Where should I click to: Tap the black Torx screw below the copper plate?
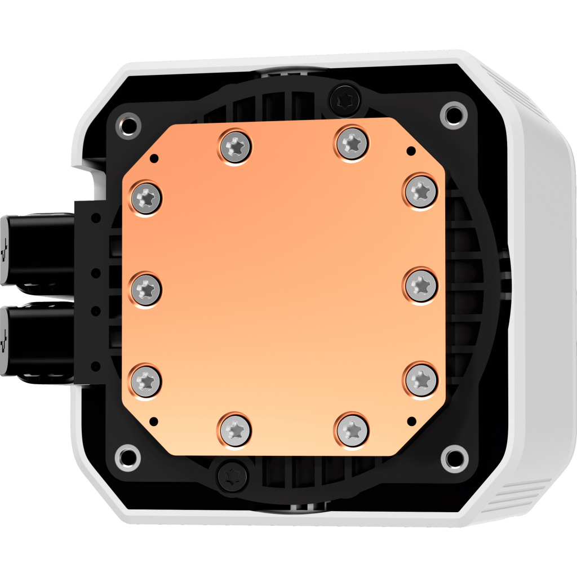tap(232, 477)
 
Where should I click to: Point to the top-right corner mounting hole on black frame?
tap(452, 114)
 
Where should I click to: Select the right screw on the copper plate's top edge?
tap(353, 143)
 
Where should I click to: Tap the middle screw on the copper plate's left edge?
tap(146, 289)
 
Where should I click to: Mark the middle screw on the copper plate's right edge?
tap(420, 285)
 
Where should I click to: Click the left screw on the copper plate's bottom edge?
tap(234, 430)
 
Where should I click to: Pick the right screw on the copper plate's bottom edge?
tap(353, 430)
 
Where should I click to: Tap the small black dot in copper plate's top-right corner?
tap(410, 150)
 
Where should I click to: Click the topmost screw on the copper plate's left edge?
tap(145, 198)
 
